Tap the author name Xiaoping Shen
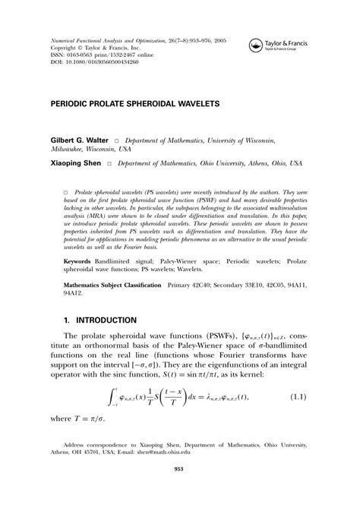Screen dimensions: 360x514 (77, 163)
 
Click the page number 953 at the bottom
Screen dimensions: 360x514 (180, 490)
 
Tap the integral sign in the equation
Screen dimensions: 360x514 (114, 417)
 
